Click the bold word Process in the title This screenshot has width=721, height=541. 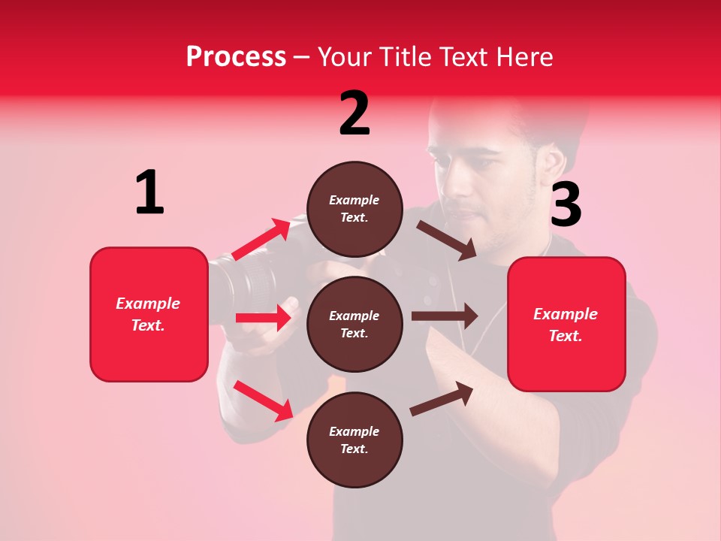click(236, 56)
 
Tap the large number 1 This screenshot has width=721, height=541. click(149, 193)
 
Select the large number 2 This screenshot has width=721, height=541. click(354, 113)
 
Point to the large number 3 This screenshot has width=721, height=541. click(566, 205)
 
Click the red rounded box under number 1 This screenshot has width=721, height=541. click(149, 314)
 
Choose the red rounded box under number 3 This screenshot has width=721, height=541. click(566, 324)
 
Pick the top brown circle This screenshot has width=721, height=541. click(354, 209)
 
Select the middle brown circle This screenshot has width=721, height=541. click(354, 324)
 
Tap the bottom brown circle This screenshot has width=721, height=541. click(354, 440)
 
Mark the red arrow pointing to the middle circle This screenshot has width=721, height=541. click(264, 318)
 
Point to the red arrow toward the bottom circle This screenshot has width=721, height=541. click(263, 400)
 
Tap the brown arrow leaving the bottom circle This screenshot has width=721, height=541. click(442, 398)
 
